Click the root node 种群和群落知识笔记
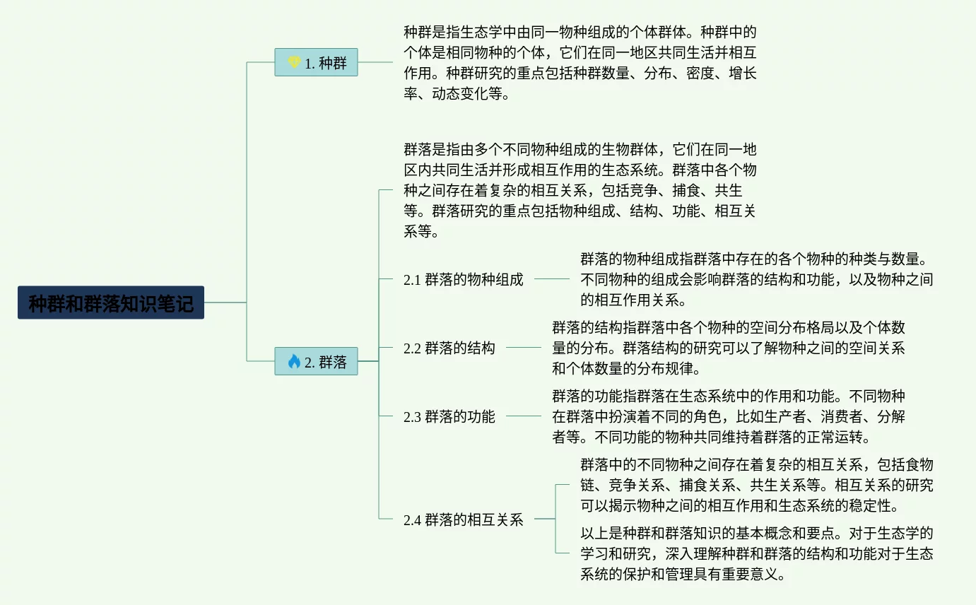click(x=111, y=302)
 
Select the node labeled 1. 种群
click(x=316, y=62)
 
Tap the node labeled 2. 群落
click(x=316, y=361)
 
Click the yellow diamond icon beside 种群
click(x=294, y=62)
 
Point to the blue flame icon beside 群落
click(x=294, y=361)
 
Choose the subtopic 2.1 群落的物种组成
click(x=463, y=279)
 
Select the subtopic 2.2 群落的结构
click(x=449, y=348)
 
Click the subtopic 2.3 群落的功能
click(x=449, y=416)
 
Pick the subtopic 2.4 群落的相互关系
click(x=463, y=519)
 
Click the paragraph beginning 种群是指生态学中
click(x=580, y=62)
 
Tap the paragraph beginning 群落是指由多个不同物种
click(x=580, y=190)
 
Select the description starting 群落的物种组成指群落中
click(x=756, y=279)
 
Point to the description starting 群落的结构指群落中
click(x=728, y=348)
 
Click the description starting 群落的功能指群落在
click(x=728, y=416)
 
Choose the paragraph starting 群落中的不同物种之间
click(x=756, y=485)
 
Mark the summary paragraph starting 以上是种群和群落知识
click(x=756, y=553)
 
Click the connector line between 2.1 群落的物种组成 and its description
click(x=551, y=279)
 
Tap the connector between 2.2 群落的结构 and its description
click(x=523, y=348)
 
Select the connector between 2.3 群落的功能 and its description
click(x=523, y=416)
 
